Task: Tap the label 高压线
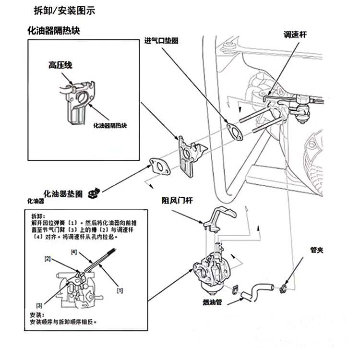pos(60,64)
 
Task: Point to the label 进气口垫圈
pos(162,41)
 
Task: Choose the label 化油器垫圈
pos(62,193)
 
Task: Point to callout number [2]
pos(48,259)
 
